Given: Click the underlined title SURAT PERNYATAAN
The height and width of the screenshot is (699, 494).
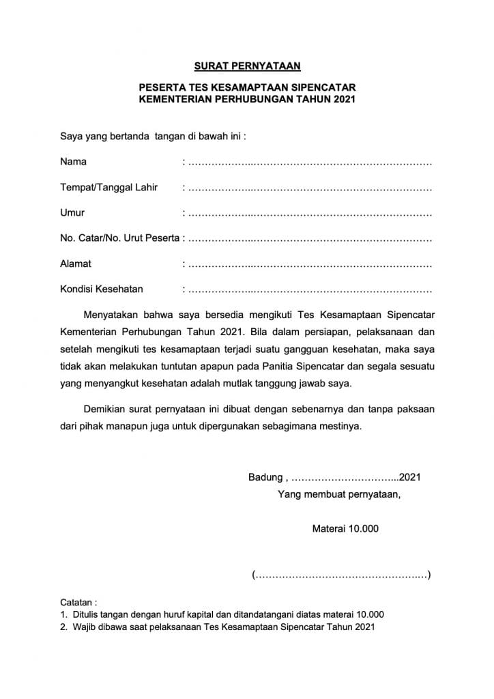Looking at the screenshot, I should [248, 66].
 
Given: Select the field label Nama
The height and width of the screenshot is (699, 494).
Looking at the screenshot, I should [73, 162].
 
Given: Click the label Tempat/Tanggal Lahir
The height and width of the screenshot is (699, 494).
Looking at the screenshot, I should [109, 188].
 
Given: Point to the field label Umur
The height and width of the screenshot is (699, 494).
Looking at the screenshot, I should [72, 213].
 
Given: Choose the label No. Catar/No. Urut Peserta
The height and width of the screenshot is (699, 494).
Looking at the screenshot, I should [119, 238].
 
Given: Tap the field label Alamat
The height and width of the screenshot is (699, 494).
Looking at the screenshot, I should [75, 263].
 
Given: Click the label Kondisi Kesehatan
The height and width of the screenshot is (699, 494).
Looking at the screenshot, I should [102, 289].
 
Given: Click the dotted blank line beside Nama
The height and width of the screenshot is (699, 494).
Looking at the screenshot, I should [309, 163].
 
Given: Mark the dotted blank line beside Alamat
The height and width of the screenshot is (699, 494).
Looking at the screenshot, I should [309, 264].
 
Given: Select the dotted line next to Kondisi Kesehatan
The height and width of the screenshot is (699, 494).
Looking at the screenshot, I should [309, 289].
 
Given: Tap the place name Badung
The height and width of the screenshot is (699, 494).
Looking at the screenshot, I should [264, 477].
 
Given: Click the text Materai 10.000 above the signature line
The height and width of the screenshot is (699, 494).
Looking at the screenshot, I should [345, 528].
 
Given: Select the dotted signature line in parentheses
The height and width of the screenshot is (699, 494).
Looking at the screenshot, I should [341, 575].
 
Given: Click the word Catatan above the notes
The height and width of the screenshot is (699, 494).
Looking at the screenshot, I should [78, 603].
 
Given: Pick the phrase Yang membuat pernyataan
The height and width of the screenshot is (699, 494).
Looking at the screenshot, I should [339, 495].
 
